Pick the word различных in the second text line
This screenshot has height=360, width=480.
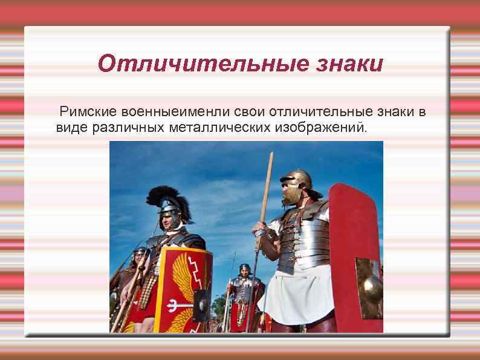(123, 128)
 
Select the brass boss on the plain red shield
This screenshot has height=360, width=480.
(369, 281)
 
